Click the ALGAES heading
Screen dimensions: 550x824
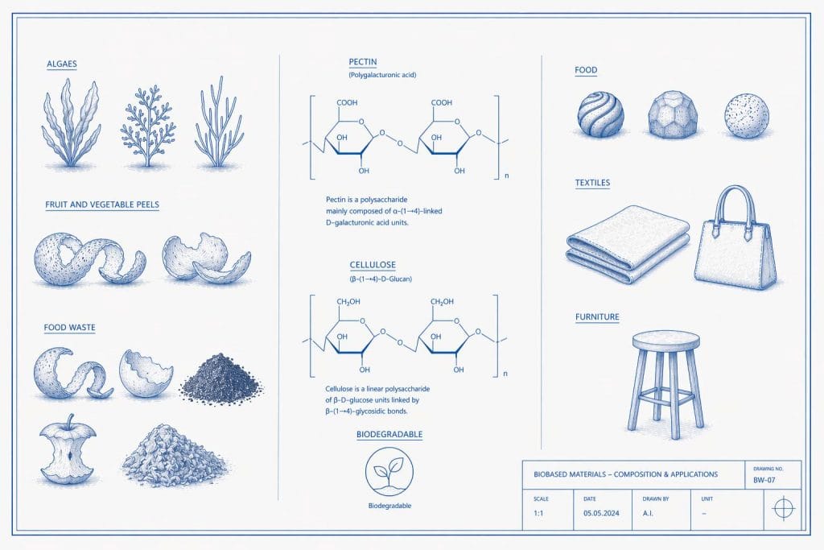[62, 64]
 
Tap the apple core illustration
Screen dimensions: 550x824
[64, 452]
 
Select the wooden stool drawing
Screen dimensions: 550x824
[665, 378]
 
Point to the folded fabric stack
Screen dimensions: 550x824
[628, 246]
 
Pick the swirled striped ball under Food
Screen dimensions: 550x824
[600, 114]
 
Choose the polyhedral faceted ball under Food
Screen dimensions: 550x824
[673, 114]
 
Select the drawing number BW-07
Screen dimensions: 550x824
[764, 480]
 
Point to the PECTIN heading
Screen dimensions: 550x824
[363, 61]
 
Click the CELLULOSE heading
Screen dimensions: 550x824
[373, 264]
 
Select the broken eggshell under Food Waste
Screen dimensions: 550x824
[145, 374]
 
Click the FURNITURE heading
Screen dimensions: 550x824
[597, 316]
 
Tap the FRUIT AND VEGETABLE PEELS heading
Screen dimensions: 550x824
[102, 205]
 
